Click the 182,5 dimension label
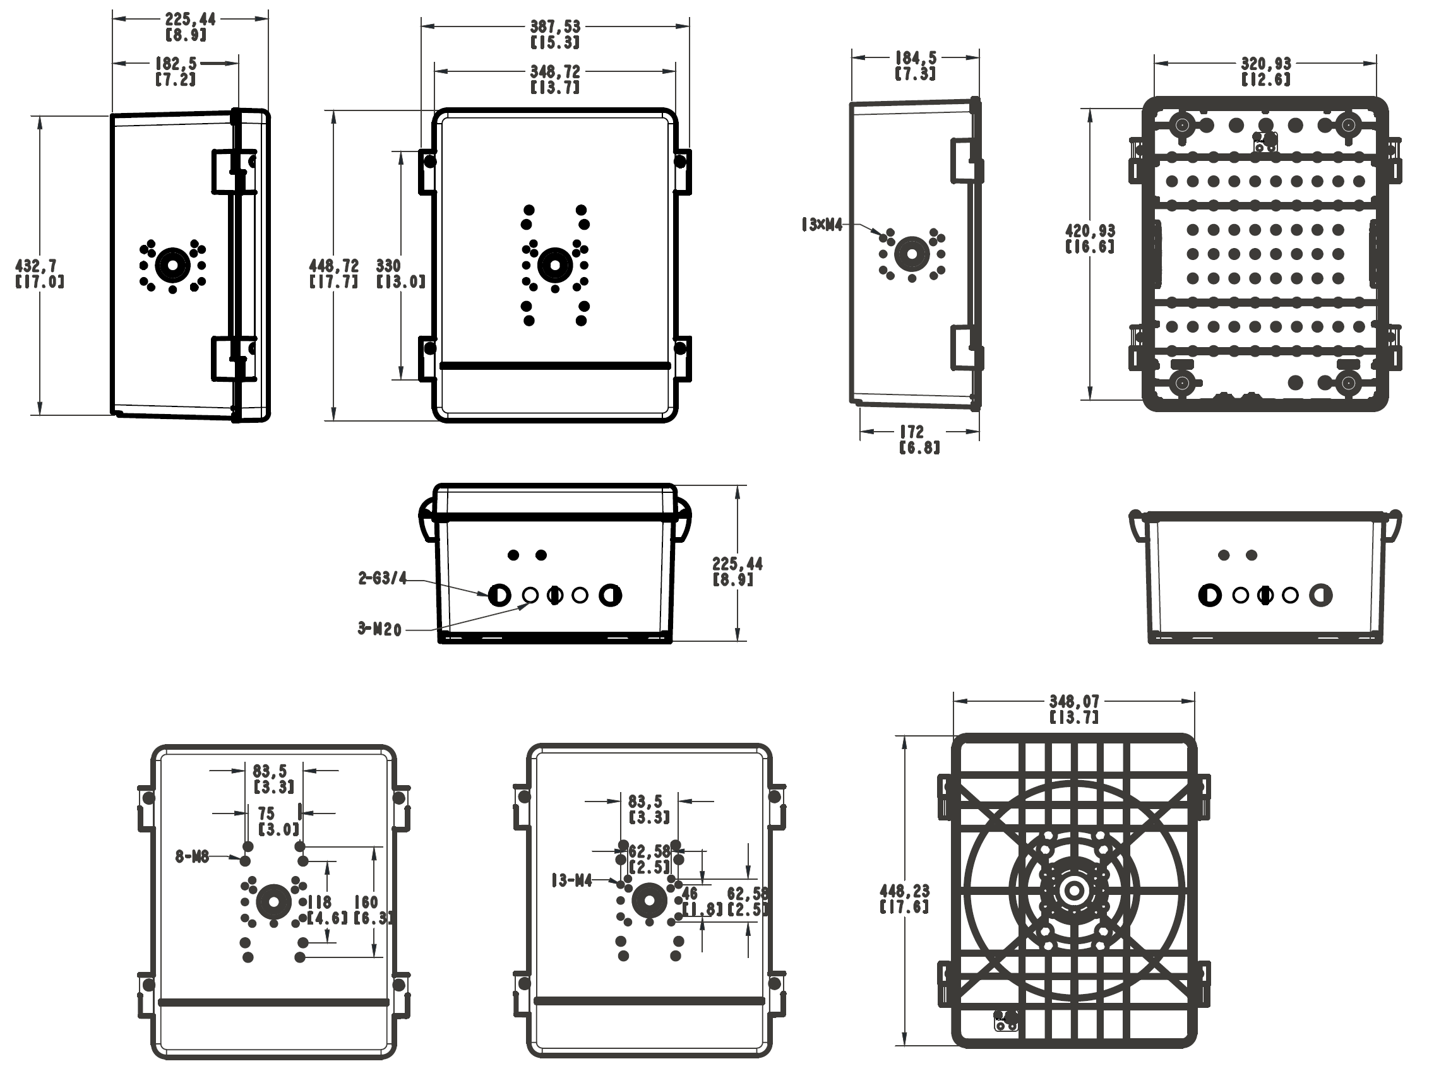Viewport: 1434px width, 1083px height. [x=176, y=64]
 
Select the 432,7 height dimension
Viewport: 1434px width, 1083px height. [x=35, y=266]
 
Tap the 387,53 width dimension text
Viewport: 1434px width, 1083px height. [x=555, y=27]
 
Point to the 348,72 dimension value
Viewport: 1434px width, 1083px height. [x=555, y=71]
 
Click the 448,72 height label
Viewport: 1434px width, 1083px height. [x=334, y=266]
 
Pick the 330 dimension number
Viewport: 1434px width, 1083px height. [x=388, y=266]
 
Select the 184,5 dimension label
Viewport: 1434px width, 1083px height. [x=916, y=58]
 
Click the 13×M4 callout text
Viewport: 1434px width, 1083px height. [x=822, y=225]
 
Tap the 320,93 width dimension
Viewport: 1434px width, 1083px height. [x=1266, y=64]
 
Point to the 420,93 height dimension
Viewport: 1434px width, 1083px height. [x=1090, y=231]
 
